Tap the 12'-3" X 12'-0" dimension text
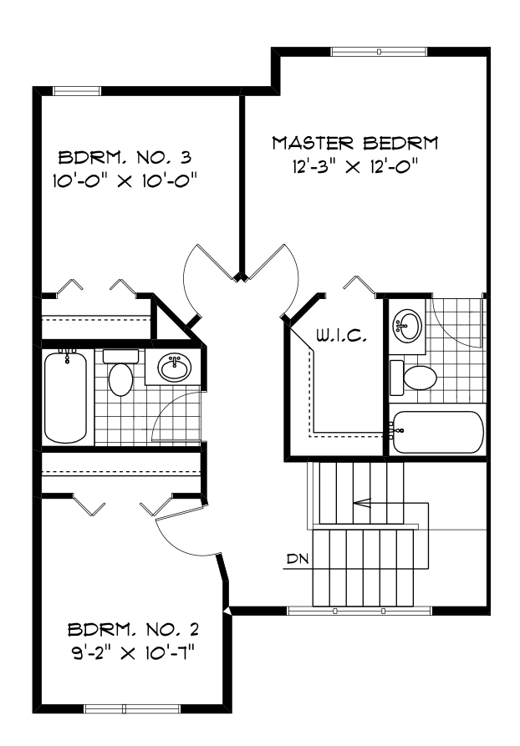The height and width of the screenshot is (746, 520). [354, 167]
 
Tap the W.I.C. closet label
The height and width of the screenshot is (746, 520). [337, 337]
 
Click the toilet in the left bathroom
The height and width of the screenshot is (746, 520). [120, 374]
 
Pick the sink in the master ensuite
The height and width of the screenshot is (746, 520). [406, 325]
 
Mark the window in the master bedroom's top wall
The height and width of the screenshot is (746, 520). [379, 52]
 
